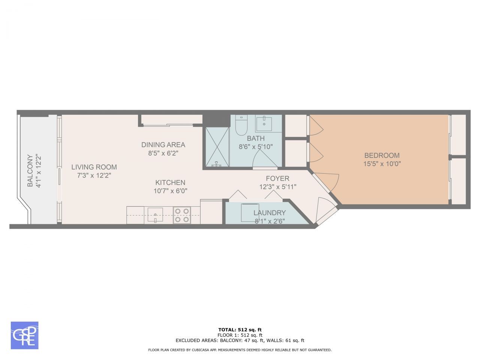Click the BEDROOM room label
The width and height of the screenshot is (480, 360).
pyautogui.click(x=382, y=155)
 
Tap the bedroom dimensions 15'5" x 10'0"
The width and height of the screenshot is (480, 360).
pyautogui.click(x=382, y=164)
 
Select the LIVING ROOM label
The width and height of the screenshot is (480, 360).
pyautogui.click(x=94, y=167)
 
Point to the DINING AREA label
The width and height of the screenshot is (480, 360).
pyautogui.click(x=163, y=145)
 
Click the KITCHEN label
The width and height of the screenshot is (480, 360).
pyautogui.click(x=170, y=183)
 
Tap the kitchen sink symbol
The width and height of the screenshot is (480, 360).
pyautogui.click(x=155, y=215)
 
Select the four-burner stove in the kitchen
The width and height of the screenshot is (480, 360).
pyautogui.click(x=182, y=215)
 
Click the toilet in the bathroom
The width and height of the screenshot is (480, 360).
pyautogui.click(x=241, y=125)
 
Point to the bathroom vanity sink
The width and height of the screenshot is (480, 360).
pyautogui.click(x=264, y=123)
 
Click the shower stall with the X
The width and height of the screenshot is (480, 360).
pyautogui.click(x=216, y=147)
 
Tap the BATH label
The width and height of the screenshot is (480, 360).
pyautogui.click(x=255, y=138)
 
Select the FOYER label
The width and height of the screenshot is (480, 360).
pyautogui.click(x=277, y=178)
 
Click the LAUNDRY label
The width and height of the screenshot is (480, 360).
pyautogui.click(x=269, y=213)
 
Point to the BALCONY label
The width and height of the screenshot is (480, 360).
pyautogui.click(x=30, y=171)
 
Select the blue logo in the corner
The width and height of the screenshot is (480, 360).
pyautogui.click(x=24, y=335)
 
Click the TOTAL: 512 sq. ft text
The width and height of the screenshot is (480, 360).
pyautogui.click(x=240, y=330)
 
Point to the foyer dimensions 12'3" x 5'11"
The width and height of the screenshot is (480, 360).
pyautogui.click(x=277, y=187)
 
